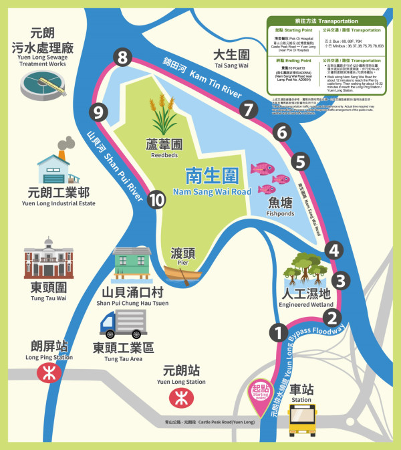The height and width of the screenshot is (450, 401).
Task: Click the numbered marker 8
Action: pyautogui.click(x=121, y=58)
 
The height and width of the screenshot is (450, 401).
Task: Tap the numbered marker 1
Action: pyautogui.click(x=277, y=331)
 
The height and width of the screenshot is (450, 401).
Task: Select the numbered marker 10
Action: pyautogui.click(x=157, y=199)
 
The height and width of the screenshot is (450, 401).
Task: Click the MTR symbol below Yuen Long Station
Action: pyautogui.click(x=178, y=399)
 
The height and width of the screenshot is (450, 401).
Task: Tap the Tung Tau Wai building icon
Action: pyautogui.click(x=47, y=257)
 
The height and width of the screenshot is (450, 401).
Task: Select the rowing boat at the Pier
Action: pyautogui.click(x=182, y=273)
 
